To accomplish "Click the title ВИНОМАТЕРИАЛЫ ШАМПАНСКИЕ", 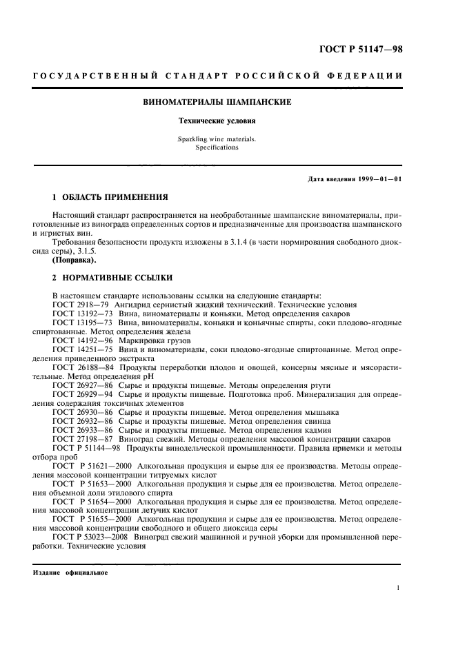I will point(217,102).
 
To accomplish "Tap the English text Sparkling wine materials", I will point(217,139).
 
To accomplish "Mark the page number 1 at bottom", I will point(399,588).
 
